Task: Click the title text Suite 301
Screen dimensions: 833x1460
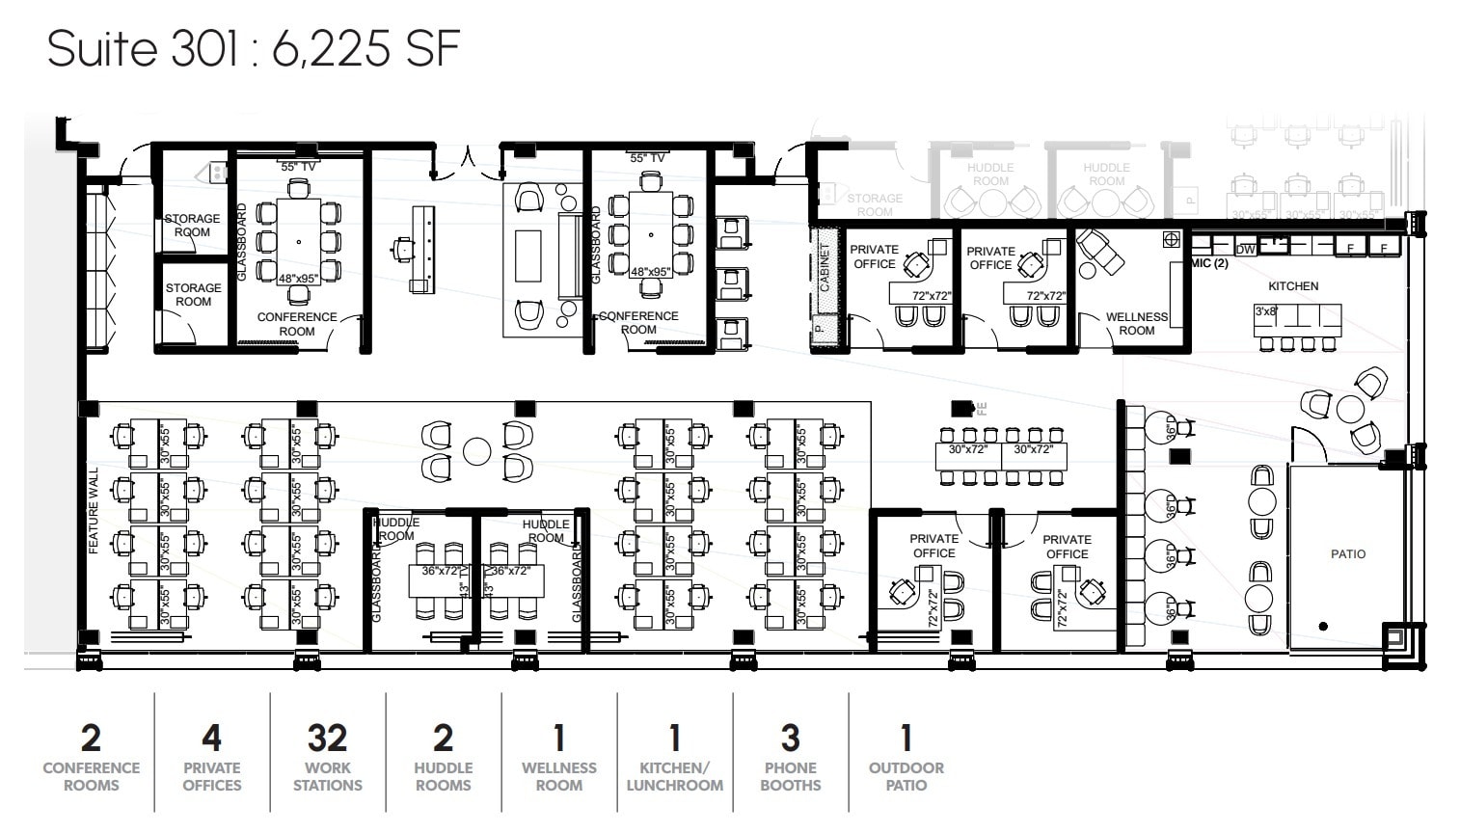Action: click(x=142, y=48)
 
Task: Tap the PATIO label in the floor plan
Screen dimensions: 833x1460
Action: click(x=1347, y=553)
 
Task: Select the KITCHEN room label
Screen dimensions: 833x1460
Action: click(x=1293, y=286)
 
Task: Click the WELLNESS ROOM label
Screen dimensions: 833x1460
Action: click(x=1136, y=323)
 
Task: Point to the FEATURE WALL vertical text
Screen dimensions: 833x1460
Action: click(x=95, y=512)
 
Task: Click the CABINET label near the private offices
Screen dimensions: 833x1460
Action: click(x=824, y=267)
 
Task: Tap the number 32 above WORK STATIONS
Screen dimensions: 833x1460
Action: click(x=327, y=739)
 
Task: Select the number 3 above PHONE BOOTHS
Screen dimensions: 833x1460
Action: click(x=790, y=739)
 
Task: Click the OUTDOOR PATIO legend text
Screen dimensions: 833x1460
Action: click(x=906, y=776)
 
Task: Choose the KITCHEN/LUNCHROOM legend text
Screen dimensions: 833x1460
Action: click(x=674, y=776)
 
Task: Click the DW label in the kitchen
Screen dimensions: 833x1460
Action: click(x=1245, y=250)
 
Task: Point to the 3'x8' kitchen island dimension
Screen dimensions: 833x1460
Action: click(x=1265, y=311)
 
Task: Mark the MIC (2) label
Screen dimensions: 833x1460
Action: click(x=1209, y=263)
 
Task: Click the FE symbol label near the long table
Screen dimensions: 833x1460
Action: click(x=982, y=408)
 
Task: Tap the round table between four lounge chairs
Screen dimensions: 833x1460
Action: click(x=477, y=451)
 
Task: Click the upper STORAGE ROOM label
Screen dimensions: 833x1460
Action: click(x=192, y=226)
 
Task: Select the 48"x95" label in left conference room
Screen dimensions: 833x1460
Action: click(x=298, y=279)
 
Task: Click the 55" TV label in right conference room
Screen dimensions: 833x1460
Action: click(x=647, y=158)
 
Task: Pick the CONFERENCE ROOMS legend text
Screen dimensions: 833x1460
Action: click(x=91, y=776)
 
